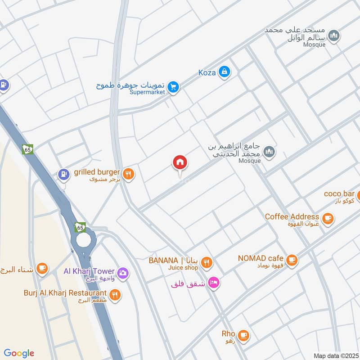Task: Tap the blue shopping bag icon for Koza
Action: (224, 72)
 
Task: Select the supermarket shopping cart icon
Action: (173, 87)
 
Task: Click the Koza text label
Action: (207, 72)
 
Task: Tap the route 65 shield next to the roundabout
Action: (81, 228)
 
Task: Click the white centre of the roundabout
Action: (83, 239)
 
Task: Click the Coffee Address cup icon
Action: (328, 218)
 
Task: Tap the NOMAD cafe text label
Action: (261, 258)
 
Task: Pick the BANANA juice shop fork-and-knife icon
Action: (207, 262)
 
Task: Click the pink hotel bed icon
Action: (214, 282)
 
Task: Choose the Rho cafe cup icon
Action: (243, 335)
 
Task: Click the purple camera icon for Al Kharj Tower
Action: (122, 272)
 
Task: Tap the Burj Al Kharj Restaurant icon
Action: (115, 295)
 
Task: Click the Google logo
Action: (19, 353)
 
